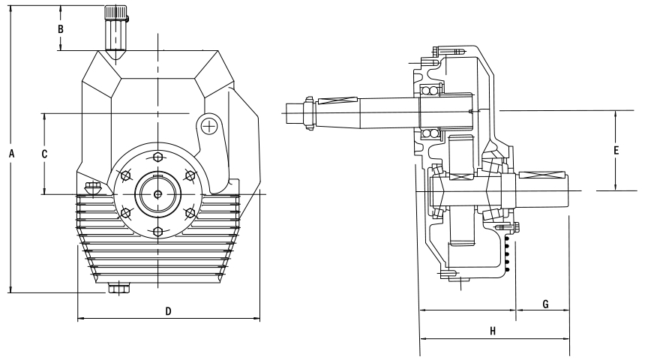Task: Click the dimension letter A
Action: [11, 153]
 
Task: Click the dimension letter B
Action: [61, 28]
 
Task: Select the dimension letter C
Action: [45, 153]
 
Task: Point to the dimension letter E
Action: [616, 150]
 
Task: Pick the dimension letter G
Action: [545, 304]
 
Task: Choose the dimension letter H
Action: [493, 330]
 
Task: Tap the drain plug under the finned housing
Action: [118, 288]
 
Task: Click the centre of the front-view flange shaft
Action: [157, 194]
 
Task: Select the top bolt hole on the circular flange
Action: [157, 157]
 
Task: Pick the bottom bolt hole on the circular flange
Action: [157, 230]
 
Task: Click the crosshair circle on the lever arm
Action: [211, 126]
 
